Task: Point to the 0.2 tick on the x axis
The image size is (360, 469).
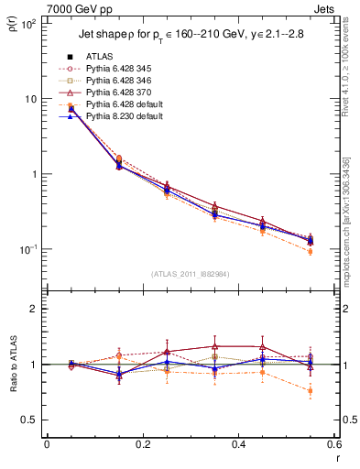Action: tap(142, 445)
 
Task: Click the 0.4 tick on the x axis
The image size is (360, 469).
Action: tap(238, 445)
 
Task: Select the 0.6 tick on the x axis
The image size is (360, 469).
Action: tap(333, 445)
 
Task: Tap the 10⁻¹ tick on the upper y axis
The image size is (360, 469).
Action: tap(27, 249)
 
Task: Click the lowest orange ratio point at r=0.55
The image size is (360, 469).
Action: tap(310, 391)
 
